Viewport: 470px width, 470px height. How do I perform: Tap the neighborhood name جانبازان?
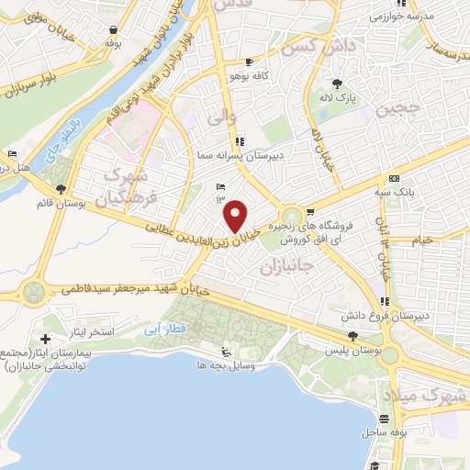click(286, 267)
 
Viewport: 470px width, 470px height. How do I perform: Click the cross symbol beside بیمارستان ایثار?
click(46, 339)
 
